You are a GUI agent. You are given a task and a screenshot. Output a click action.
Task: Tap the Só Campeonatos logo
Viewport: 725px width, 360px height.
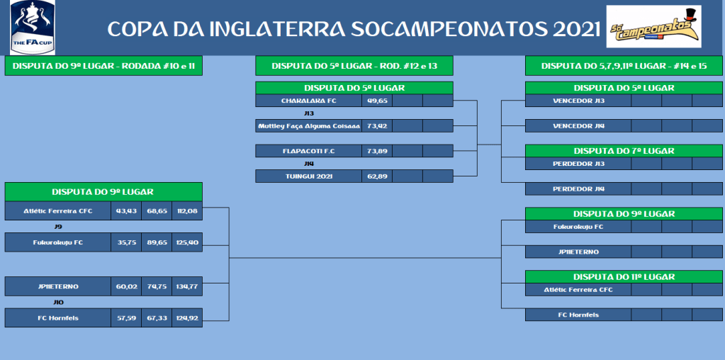click(654, 26)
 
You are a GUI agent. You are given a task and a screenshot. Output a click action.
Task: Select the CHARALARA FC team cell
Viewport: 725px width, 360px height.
click(309, 101)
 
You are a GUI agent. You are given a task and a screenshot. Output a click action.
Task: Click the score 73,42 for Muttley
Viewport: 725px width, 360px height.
click(377, 125)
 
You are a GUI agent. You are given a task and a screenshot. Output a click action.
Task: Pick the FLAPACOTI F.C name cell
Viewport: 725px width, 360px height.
click(309, 151)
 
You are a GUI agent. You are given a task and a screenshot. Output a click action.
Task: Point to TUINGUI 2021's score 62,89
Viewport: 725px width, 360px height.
click(377, 176)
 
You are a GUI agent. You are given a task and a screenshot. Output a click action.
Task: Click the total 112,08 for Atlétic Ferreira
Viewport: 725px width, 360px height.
click(187, 210)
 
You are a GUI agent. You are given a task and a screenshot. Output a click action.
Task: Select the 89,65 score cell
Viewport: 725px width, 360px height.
click(157, 242)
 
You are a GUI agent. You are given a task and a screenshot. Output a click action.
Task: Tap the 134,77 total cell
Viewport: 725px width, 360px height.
click(187, 286)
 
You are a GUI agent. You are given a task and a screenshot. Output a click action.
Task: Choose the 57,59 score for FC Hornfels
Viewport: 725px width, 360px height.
click(126, 318)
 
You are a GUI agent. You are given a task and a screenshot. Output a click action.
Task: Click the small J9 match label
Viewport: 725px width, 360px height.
click(58, 227)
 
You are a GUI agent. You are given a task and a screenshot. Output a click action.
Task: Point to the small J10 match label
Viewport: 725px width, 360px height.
click(58, 302)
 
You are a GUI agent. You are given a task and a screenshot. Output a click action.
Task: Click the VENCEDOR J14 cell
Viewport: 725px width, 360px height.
click(578, 125)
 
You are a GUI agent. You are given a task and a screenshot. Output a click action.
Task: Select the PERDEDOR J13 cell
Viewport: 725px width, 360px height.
click(578, 164)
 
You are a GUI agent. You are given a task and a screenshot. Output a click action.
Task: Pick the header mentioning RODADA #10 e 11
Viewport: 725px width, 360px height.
click(103, 66)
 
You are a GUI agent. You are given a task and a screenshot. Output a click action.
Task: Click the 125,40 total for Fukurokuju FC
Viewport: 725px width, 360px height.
click(187, 242)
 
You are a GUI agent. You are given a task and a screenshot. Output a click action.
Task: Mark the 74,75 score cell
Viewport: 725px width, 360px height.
click(157, 286)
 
